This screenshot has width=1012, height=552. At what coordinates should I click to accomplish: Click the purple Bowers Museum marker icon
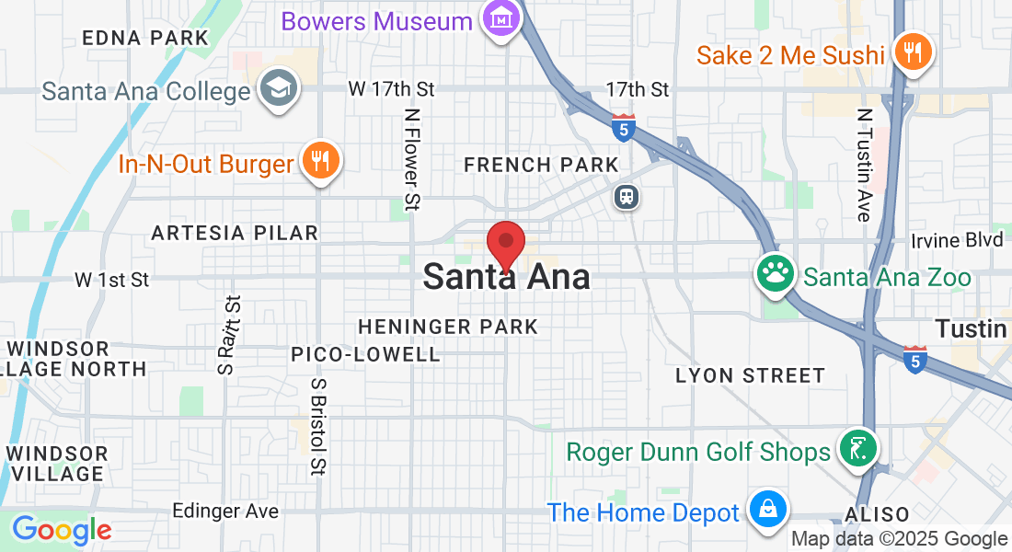tap(501, 18)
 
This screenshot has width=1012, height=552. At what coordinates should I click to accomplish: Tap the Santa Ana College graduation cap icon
tap(275, 89)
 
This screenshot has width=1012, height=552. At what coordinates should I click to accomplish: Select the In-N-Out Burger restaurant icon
tap(320, 162)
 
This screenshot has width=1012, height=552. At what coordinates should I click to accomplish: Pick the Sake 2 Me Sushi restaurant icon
tap(913, 52)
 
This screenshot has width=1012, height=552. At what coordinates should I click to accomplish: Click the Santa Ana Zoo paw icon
tap(775, 273)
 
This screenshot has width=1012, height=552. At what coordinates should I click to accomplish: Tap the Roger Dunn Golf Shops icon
tap(857, 450)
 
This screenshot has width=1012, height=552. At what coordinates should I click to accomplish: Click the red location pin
tap(505, 245)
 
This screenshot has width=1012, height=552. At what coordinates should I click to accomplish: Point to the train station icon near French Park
tap(627, 197)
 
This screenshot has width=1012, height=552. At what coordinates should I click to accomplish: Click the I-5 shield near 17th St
tap(624, 128)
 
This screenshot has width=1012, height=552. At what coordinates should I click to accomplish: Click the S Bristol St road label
tap(319, 426)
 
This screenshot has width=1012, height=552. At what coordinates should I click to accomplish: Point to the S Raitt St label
tap(231, 334)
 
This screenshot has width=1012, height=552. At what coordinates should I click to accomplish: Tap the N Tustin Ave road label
tap(864, 166)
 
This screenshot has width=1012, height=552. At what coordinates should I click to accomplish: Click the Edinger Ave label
tap(225, 511)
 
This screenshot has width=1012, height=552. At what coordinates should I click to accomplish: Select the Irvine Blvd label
tap(957, 240)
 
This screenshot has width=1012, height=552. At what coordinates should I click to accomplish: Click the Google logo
tap(61, 531)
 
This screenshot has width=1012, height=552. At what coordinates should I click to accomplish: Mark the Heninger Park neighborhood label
tap(448, 327)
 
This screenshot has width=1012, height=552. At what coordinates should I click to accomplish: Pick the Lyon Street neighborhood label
tap(750, 375)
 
